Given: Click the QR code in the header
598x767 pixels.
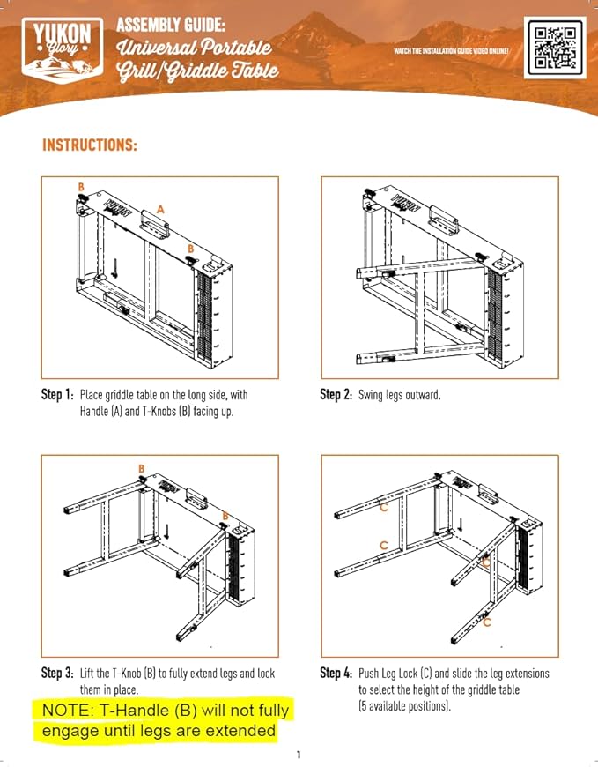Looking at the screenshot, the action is tap(555, 48).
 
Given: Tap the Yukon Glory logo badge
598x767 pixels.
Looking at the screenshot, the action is tap(63, 51).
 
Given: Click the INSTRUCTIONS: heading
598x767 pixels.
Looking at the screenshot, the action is tap(90, 145).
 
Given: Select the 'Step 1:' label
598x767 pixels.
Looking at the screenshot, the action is tap(57, 394).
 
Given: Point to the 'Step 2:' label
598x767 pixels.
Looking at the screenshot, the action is tap(336, 394).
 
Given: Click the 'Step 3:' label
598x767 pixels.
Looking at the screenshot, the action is tap(57, 673).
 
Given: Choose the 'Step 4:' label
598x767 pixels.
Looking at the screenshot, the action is tap(336, 673).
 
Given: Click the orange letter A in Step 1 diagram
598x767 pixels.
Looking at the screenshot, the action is tap(160, 209).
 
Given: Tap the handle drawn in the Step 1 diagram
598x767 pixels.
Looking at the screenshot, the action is tap(155, 224).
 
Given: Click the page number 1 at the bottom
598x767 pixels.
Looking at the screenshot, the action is tap(299, 755).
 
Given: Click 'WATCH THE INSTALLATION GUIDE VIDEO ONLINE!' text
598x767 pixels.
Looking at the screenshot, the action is tap(452, 51).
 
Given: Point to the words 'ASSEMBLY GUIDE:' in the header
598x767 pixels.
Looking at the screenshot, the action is tap(171, 25).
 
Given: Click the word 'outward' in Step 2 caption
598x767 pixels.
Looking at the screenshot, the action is tap(422, 395).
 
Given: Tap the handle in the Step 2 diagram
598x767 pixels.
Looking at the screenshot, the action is tap(445, 220).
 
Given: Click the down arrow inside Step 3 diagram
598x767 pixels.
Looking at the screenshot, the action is tap(167, 532).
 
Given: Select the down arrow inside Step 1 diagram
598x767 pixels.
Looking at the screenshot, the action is tap(115, 267).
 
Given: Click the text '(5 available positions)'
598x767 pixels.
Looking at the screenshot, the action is tap(404, 706).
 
